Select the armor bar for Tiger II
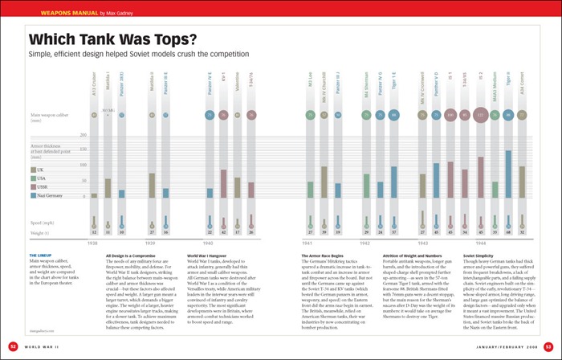coord(507,174)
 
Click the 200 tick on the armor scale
coord(83,135)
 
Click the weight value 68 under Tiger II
coord(507,232)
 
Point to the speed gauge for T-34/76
coord(252,219)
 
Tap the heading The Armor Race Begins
coord(317,255)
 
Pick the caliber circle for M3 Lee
coord(311,115)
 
